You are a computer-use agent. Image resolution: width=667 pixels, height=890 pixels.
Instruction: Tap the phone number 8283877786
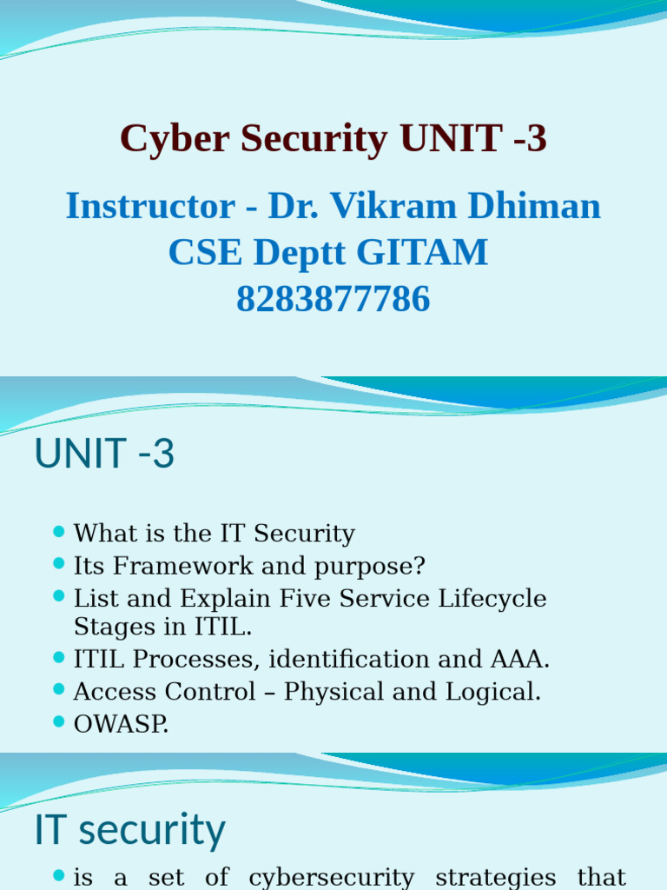tap(333, 299)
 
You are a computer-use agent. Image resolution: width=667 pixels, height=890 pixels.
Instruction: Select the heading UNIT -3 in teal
tap(104, 455)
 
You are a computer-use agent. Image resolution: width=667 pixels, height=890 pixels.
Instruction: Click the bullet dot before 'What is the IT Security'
tap(59, 531)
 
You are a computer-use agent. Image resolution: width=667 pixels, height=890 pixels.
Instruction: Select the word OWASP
tap(121, 725)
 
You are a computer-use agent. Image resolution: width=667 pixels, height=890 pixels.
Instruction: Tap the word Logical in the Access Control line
tap(492, 692)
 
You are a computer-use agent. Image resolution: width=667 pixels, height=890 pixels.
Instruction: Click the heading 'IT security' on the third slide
tap(129, 829)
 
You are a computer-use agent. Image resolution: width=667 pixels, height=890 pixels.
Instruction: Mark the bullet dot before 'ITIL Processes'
tap(59, 657)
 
